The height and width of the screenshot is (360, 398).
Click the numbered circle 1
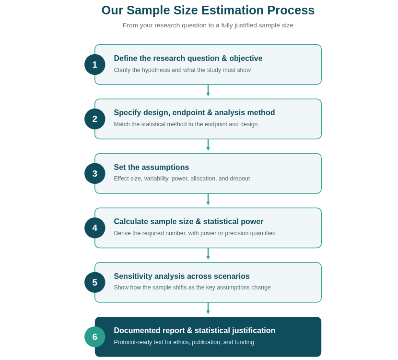click(94, 64)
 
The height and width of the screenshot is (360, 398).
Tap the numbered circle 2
click(94, 119)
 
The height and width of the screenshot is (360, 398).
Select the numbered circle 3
click(94, 174)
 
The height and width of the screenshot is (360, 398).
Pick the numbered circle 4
click(94, 228)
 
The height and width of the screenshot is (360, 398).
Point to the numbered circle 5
click(94, 282)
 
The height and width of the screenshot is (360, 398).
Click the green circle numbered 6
click(94, 337)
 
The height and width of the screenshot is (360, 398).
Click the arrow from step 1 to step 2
click(208, 90)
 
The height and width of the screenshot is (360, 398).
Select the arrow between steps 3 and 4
click(208, 199)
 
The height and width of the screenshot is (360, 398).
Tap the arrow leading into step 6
click(208, 308)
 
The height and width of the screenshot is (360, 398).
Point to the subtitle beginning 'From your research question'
click(208, 25)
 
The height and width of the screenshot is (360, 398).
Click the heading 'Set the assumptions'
click(151, 167)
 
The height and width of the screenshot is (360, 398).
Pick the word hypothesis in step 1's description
click(156, 70)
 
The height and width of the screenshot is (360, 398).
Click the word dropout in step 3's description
click(240, 179)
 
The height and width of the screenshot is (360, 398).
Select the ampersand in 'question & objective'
click(224, 58)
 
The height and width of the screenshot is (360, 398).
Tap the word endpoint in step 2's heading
click(188, 112)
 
